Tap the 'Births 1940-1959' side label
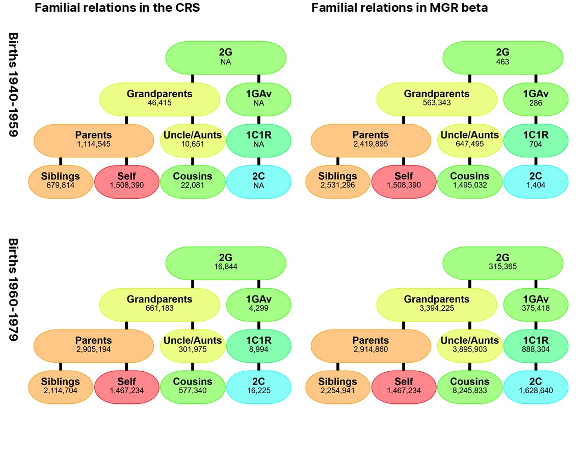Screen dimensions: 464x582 (x=14, y=85)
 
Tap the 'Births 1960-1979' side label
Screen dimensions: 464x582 (x=14, y=290)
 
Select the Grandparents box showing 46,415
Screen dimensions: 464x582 (x=160, y=98)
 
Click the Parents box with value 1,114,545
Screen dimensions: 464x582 (x=93, y=140)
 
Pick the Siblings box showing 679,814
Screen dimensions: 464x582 (x=61, y=181)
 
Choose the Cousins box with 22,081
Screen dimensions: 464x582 (x=192, y=181)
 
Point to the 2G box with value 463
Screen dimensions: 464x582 (x=502, y=57)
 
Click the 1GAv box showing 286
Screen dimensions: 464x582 (x=536, y=98)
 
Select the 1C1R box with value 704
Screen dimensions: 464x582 (x=536, y=140)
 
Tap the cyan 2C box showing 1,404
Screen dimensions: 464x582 (x=536, y=181)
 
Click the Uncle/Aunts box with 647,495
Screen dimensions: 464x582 (x=469, y=140)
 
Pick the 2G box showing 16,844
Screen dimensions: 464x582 (x=225, y=262)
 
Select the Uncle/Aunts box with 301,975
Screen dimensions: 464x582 (x=192, y=345)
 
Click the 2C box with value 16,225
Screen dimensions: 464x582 (x=258, y=387)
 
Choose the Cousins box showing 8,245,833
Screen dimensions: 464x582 (x=469, y=387)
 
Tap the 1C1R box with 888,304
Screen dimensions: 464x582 (x=536, y=345)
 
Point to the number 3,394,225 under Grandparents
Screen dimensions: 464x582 (x=437, y=308)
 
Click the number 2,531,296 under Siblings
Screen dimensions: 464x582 (x=337, y=185)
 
